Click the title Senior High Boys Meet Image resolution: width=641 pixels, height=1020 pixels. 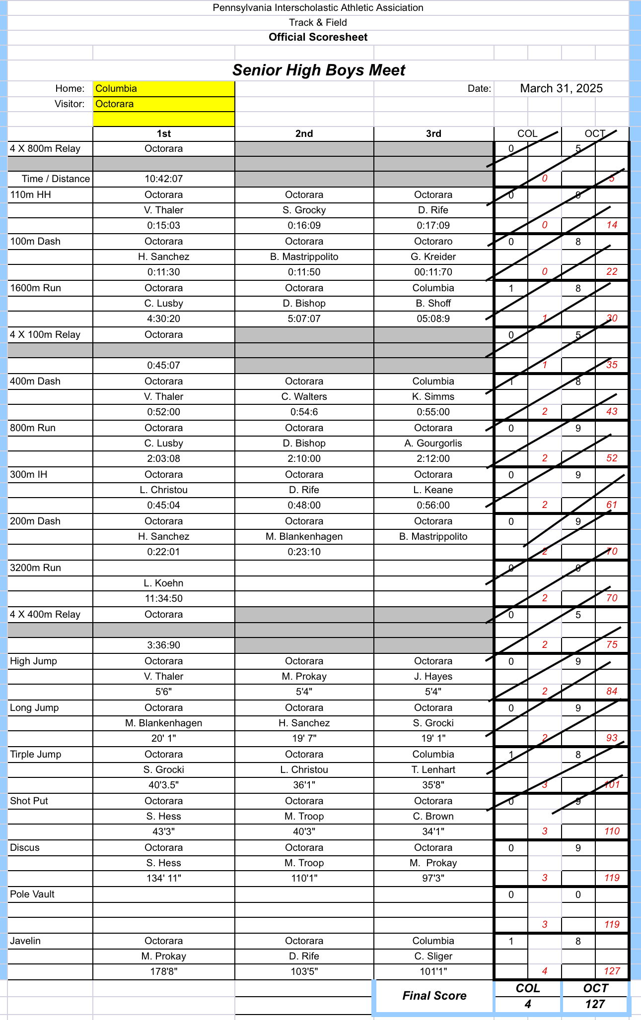(x=319, y=70)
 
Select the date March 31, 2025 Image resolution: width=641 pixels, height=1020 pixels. (x=561, y=88)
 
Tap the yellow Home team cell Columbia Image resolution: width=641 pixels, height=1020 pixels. (x=163, y=88)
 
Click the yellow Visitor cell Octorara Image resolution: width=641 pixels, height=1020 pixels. (x=163, y=104)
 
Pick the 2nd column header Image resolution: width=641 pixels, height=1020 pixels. (x=304, y=133)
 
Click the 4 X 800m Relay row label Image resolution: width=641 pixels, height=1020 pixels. (x=45, y=148)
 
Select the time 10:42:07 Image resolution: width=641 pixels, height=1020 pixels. (x=163, y=179)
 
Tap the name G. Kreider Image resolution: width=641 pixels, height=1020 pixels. (x=433, y=256)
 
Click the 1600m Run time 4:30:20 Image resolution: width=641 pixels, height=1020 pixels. (x=163, y=319)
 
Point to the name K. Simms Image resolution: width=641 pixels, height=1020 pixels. (x=433, y=396)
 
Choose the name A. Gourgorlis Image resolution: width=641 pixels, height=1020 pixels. (x=433, y=443)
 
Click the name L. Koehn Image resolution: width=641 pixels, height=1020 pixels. (x=163, y=583)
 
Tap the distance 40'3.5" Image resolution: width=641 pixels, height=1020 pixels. (x=163, y=785)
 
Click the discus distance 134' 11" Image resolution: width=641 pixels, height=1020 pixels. (x=163, y=878)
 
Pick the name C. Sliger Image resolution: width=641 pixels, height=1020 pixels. (x=433, y=956)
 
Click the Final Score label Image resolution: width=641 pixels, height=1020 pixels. (x=434, y=996)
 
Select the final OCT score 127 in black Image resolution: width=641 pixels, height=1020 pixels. (x=595, y=1004)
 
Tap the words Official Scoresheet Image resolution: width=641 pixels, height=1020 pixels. (x=318, y=37)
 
